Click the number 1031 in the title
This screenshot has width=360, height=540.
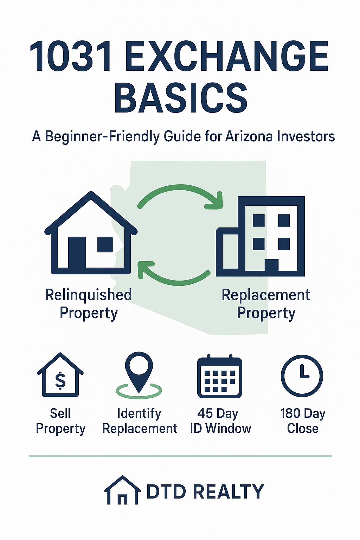70,56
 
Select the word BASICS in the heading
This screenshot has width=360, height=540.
181,98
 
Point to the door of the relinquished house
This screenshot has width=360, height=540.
77,252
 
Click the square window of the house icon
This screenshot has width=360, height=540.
105,244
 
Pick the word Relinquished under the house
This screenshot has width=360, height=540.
89,295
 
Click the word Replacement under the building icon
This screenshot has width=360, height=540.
266,295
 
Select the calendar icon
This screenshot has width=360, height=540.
219,377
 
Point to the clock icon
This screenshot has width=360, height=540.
302,376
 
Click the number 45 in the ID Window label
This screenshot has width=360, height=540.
205,413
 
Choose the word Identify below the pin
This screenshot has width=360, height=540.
139,414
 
